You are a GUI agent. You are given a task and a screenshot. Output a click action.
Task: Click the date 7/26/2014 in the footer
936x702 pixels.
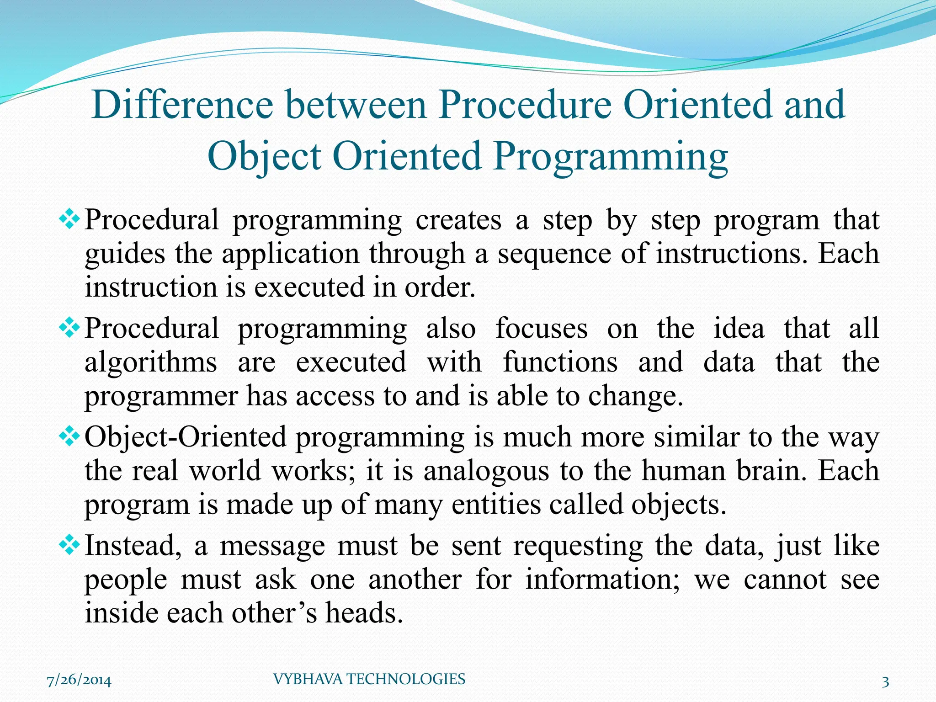tap(79, 681)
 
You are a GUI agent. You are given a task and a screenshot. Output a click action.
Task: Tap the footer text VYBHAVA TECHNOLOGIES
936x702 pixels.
tap(369, 679)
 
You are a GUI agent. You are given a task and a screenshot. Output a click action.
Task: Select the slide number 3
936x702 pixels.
tap(885, 682)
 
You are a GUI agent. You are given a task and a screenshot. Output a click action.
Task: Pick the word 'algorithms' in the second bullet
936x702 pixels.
tap(151, 362)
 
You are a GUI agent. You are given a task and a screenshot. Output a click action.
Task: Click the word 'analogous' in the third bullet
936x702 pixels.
tap(486, 471)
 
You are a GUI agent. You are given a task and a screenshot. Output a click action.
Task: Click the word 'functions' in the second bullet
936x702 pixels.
tap(560, 362)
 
